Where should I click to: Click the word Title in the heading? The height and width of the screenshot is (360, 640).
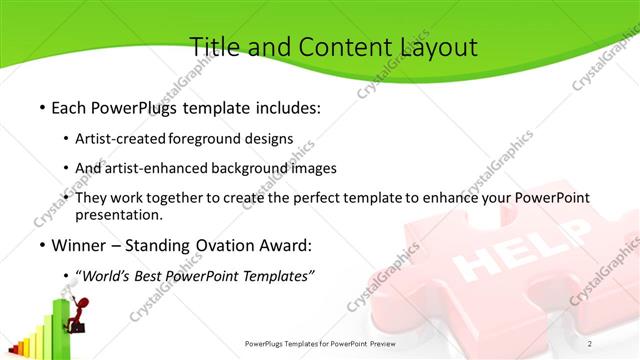pos(211,47)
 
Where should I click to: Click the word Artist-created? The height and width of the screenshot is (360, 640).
pos(121,138)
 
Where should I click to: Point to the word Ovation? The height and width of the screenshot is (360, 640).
pos(226,245)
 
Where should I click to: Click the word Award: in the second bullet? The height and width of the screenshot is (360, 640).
pos(286,245)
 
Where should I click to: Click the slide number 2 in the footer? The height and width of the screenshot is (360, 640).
pos(589,344)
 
